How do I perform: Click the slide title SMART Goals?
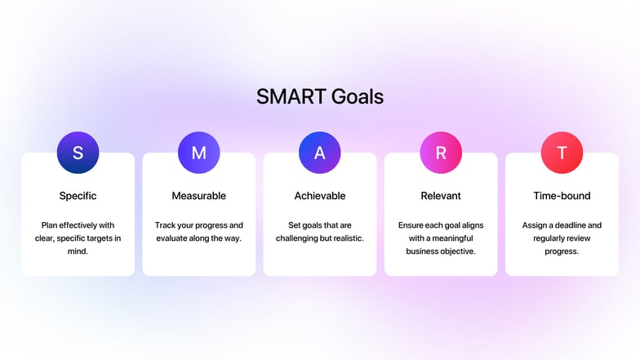pyautogui.click(x=319, y=96)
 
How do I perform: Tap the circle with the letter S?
pyautogui.click(x=78, y=153)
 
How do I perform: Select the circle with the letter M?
pyautogui.click(x=198, y=153)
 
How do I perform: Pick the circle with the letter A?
pyautogui.click(x=319, y=153)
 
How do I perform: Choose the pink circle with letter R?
pyautogui.click(x=441, y=153)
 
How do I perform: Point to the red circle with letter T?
pyautogui.click(x=562, y=153)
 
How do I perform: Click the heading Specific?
pyautogui.click(x=78, y=196)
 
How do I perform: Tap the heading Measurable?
pyautogui.click(x=198, y=196)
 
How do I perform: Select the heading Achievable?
pyautogui.click(x=319, y=196)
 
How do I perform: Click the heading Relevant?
pyautogui.click(x=441, y=196)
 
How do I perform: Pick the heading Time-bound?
pyautogui.click(x=562, y=196)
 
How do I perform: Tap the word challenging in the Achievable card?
pyautogui.click(x=302, y=238)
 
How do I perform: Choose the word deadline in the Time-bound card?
pyautogui.click(x=583, y=225)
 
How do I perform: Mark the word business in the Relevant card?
pyautogui.click(x=424, y=251)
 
